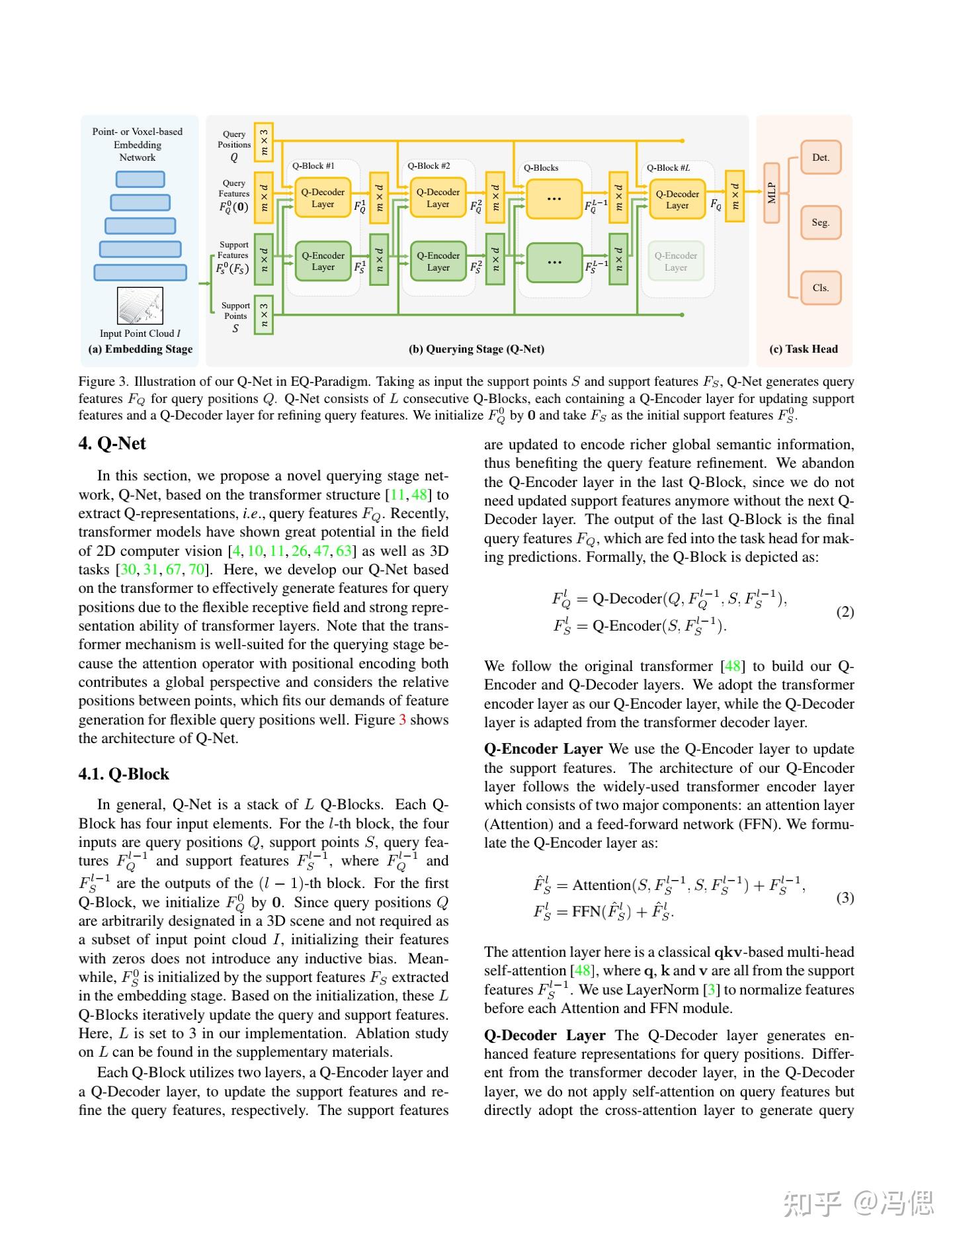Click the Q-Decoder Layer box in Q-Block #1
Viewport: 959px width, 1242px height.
click(323, 198)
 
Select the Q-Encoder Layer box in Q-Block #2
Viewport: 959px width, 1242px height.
click(438, 261)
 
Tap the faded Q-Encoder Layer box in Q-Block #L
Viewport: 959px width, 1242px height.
click(675, 261)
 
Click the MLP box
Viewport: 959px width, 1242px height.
click(771, 193)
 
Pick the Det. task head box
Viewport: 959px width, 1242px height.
click(820, 157)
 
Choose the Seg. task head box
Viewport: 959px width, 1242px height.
click(820, 222)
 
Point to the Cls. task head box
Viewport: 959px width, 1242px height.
click(820, 288)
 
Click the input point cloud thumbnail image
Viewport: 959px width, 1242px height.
click(140, 306)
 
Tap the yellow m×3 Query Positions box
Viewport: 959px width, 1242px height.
click(264, 142)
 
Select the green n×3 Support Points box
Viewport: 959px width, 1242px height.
click(264, 314)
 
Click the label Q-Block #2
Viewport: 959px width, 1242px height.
click(429, 166)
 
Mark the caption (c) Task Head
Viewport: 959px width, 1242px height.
click(803, 349)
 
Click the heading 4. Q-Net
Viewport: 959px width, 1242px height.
click(112, 443)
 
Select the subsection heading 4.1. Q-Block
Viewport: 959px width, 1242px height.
click(124, 774)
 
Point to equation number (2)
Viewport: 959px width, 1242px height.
click(845, 612)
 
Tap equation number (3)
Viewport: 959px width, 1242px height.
click(845, 898)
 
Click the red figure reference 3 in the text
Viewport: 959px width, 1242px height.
click(402, 720)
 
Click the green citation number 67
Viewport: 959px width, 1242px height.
click(173, 570)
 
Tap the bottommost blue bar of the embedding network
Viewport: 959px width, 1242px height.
click(140, 273)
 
